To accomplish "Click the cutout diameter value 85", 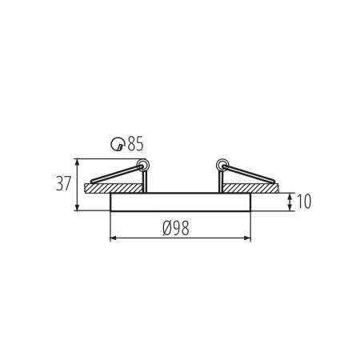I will pyautogui.click(x=134, y=144).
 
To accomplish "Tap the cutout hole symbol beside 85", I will pyautogui.click(x=118, y=144).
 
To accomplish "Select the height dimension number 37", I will pyautogui.click(x=63, y=183).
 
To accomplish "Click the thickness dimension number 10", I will pyautogui.click(x=304, y=202).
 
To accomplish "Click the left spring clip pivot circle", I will pyautogui.click(x=144, y=166).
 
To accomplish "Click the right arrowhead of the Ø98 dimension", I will pyautogui.click(x=249, y=238).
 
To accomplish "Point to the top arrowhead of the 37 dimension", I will pyautogui.click(x=78, y=159).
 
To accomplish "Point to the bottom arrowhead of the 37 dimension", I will pyautogui.click(x=78, y=210).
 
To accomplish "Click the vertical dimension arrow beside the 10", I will pyautogui.click(x=289, y=202).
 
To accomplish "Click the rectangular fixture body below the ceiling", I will pyautogui.click(x=180, y=202).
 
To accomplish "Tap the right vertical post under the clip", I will pyautogui.click(x=217, y=182).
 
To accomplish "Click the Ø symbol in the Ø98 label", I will pyautogui.click(x=166, y=228).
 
